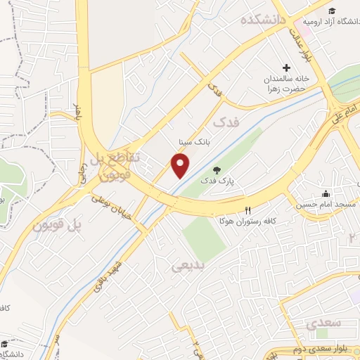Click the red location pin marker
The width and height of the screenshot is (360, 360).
click(181, 165)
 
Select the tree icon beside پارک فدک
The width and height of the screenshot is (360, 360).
click(217, 170)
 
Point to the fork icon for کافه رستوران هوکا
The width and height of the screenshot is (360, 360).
click(247, 210)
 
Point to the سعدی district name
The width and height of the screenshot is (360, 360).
click(323, 324)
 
